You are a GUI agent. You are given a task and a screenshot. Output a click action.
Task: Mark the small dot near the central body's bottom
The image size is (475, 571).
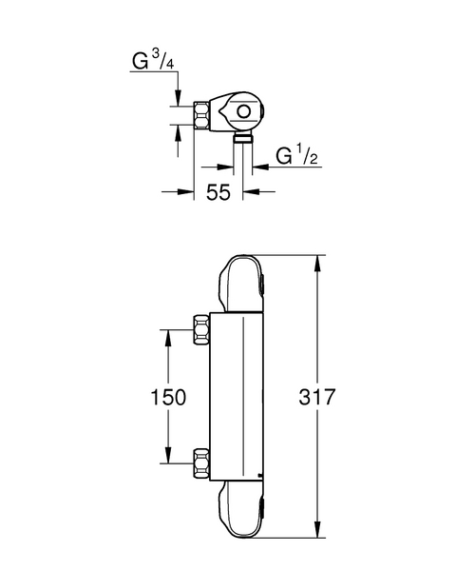point(261,473)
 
